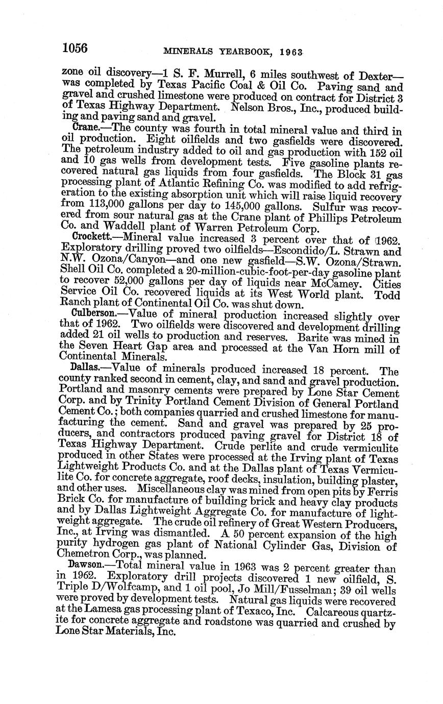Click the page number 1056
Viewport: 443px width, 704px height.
[75, 48]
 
